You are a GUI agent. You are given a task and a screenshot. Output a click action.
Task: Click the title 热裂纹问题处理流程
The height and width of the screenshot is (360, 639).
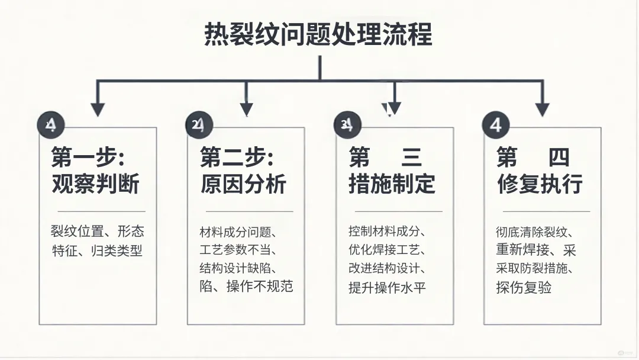tap(318, 34)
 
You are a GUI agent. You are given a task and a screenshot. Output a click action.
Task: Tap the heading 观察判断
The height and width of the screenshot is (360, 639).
tap(95, 184)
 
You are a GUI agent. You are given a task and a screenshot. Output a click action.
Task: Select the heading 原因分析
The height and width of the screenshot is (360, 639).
tap(243, 184)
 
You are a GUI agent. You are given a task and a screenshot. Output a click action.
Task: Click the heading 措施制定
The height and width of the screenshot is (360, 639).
tap(392, 184)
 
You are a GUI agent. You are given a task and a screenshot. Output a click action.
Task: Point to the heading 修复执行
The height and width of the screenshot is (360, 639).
tap(540, 184)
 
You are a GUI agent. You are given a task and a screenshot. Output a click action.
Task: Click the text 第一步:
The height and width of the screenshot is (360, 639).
tap(91, 158)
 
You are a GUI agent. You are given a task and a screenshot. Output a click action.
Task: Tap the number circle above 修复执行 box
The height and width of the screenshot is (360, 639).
tap(495, 124)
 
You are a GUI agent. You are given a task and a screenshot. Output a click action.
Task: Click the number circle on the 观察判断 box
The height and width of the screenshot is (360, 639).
tap(50, 124)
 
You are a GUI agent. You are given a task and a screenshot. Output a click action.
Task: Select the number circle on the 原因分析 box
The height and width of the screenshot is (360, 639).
tap(198, 124)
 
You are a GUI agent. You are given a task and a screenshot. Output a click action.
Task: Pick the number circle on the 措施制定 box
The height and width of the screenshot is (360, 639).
tap(347, 124)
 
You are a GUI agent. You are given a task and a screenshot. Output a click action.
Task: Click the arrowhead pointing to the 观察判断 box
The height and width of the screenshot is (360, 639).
tap(98, 110)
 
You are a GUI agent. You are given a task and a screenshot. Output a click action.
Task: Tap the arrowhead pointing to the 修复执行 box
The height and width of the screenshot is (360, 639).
tap(542, 110)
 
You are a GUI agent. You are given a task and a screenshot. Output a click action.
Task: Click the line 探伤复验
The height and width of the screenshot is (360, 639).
tap(524, 288)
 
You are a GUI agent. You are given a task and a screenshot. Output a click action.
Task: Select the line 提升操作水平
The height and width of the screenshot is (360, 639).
tap(387, 288)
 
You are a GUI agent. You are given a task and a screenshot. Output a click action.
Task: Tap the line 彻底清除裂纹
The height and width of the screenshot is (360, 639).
tap(534, 232)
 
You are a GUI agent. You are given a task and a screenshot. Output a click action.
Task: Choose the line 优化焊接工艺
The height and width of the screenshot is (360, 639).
tap(387, 250)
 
